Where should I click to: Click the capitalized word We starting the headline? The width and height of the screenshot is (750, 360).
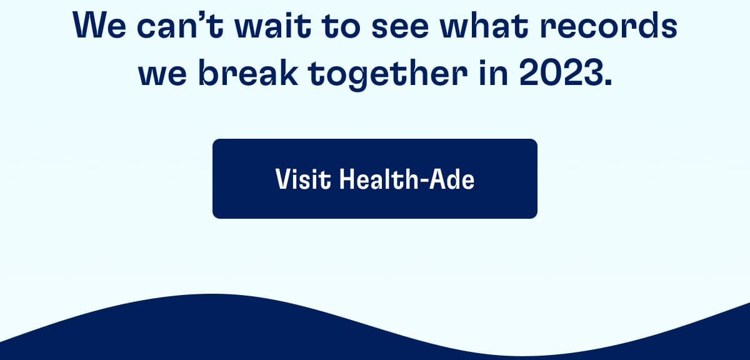tap(99, 26)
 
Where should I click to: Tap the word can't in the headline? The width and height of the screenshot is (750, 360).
tap(180, 26)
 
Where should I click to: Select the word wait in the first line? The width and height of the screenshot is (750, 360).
tap(273, 26)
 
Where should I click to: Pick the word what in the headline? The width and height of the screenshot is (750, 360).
tap(484, 26)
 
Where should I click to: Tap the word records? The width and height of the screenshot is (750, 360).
tap(609, 26)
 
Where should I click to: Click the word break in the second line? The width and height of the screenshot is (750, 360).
tap(247, 72)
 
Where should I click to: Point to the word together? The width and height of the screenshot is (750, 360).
tap(387, 75)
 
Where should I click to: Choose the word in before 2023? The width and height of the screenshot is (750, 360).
tap(493, 72)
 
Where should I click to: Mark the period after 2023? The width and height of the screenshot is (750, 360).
tap(608, 82)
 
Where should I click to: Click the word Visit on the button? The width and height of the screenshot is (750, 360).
tap(303, 179)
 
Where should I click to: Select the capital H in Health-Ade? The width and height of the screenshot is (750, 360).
tap(347, 179)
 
